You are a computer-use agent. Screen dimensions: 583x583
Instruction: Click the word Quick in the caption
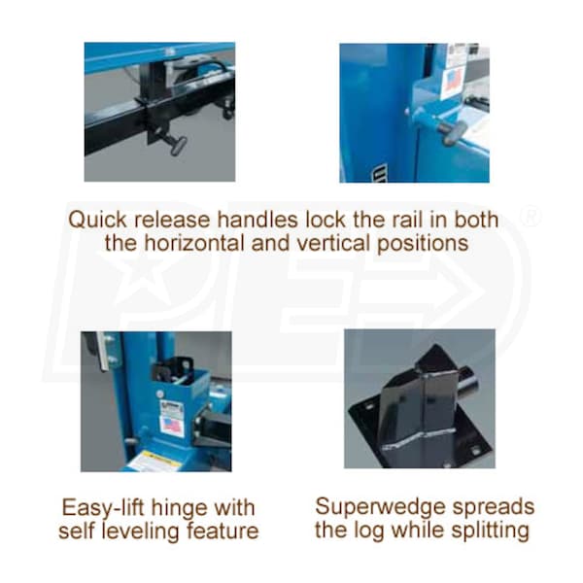97,221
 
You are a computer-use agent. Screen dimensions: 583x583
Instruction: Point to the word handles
257,220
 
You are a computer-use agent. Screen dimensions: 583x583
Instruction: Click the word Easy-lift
103,508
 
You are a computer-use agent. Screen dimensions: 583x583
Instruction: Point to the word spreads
488,508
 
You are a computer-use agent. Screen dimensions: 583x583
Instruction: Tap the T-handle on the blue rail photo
450,132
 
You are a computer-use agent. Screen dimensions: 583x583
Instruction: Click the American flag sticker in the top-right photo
452,81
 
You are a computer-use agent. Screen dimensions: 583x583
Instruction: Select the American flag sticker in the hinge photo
171,426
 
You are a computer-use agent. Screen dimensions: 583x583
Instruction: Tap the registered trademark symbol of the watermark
531,217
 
